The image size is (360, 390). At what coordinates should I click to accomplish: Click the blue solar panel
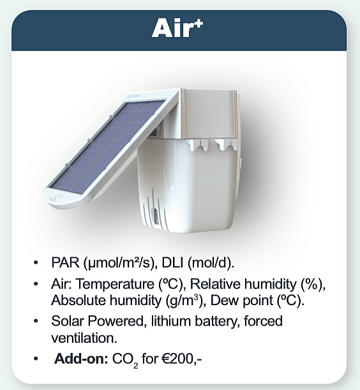tap(108, 147)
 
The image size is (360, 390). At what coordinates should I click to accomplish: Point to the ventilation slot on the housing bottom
tap(156, 215)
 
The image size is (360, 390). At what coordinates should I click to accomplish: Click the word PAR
tap(65, 262)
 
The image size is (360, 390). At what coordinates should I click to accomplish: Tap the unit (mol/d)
tap(211, 263)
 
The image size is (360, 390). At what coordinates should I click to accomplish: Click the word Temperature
tap(115, 284)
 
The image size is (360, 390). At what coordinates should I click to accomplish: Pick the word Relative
tap(215, 283)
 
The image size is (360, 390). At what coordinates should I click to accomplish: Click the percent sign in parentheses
tap(313, 284)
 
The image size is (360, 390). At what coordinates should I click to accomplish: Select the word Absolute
tap(79, 300)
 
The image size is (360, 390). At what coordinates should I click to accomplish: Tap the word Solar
tap(67, 321)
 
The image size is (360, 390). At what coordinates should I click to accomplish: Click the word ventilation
tap(84, 338)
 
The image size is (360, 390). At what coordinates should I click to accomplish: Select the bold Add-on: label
tap(81, 359)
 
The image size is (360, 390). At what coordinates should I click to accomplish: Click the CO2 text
tap(125, 360)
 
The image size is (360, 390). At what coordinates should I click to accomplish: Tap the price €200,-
tap(182, 359)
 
